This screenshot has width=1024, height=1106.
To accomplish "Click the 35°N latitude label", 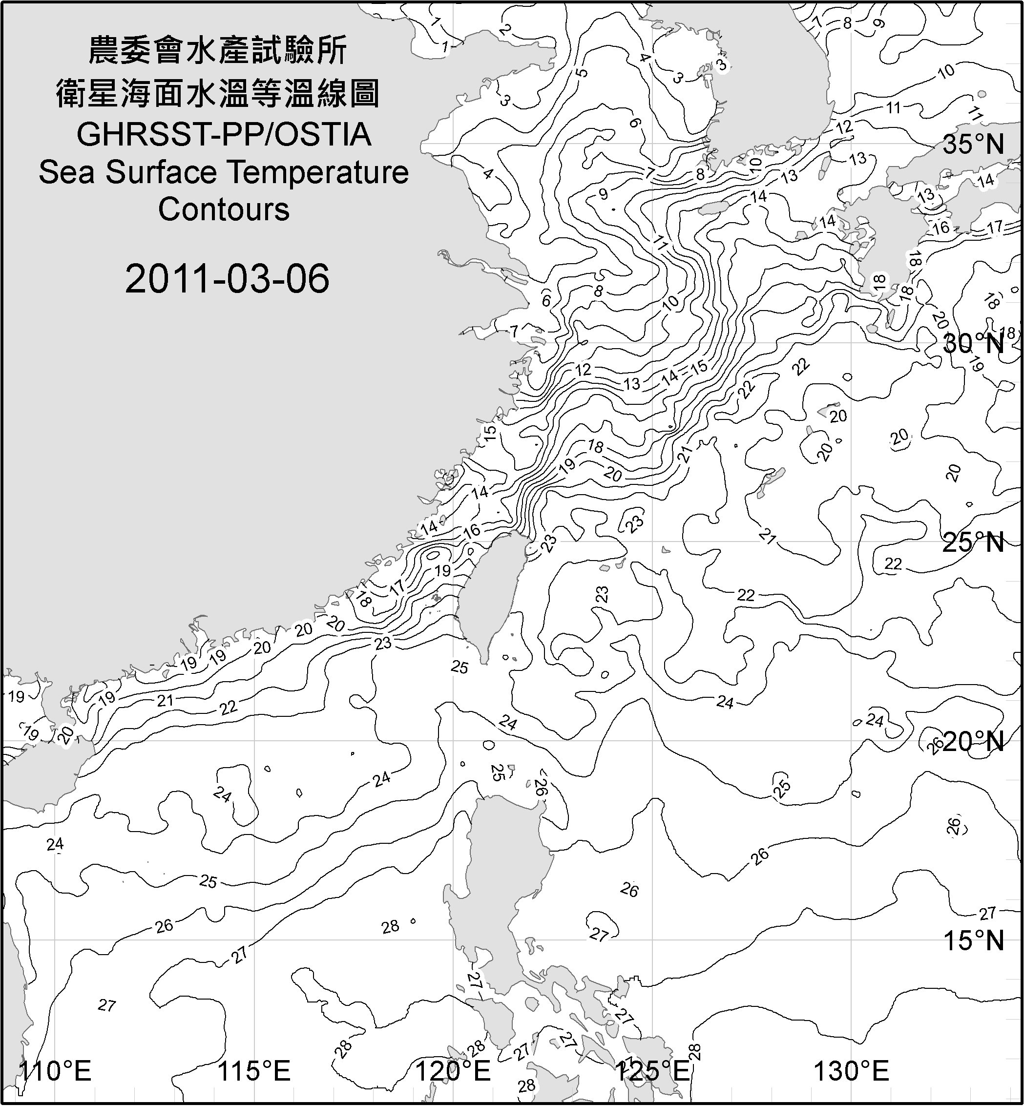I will (x=973, y=144).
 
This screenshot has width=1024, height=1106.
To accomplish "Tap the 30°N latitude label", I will (x=973, y=344).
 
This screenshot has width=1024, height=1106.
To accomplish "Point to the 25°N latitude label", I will (x=973, y=543).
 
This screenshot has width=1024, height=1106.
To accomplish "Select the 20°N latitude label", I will (x=973, y=741).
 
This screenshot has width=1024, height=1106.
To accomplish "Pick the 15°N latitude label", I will (x=973, y=940).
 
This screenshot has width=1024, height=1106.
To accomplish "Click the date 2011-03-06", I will (x=227, y=278).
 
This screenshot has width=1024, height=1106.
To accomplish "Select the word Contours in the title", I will (x=224, y=209).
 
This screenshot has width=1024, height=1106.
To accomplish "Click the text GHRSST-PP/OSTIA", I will (x=224, y=134).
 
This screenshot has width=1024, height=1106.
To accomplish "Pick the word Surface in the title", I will (x=161, y=172).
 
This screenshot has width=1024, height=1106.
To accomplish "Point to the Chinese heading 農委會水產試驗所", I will (x=218, y=51).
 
